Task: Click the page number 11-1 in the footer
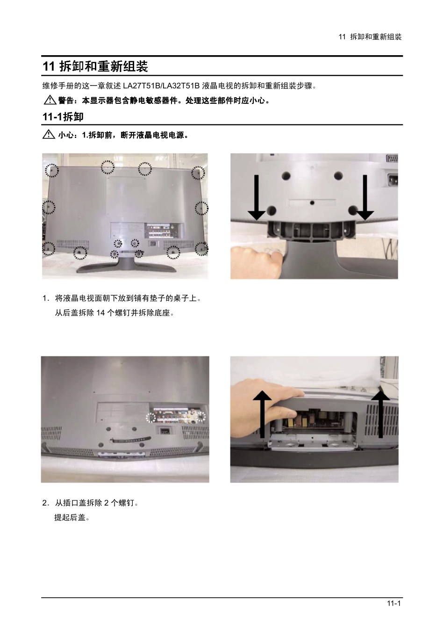point(394,603)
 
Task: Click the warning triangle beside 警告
point(50,100)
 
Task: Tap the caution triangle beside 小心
point(49,135)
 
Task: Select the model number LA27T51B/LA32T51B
point(161,86)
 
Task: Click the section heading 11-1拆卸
point(63,117)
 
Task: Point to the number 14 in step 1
point(100,313)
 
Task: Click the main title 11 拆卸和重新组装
point(95,66)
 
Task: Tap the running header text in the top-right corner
point(370,37)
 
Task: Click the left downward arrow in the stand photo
point(257,197)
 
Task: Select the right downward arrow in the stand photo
point(365,197)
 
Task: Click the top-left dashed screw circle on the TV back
point(52,170)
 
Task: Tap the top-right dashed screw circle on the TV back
point(198,173)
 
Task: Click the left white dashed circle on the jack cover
point(150,418)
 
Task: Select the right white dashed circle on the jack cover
point(201,417)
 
